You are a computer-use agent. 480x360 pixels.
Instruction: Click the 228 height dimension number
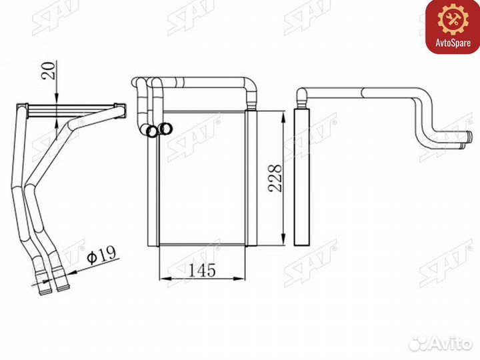coord(275,179)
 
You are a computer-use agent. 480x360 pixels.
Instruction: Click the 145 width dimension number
coord(202,270)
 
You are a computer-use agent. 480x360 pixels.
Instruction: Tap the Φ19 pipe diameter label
coord(101,255)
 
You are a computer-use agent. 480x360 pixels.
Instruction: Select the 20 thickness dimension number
coord(49,71)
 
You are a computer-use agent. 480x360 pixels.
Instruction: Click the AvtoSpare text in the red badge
coord(453,43)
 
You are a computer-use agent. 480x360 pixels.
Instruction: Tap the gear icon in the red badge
coord(453,19)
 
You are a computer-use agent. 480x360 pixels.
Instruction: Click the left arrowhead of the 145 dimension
coord(165,279)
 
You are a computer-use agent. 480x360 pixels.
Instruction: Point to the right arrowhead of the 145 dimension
coord(240,279)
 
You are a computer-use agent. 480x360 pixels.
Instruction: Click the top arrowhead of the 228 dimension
coord(284,117)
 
